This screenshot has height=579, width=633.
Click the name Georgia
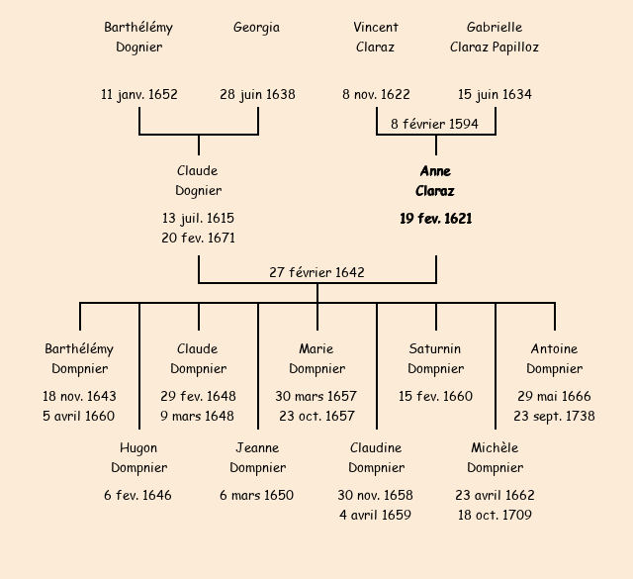coord(256,28)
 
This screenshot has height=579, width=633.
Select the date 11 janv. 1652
coord(139,95)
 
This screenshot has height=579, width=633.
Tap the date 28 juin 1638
coord(257,95)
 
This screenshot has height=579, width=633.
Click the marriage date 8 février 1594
coord(435,124)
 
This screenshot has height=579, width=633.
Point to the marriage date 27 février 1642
coord(316,272)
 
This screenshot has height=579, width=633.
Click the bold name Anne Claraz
coord(435,181)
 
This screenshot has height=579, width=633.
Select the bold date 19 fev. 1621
coord(435,219)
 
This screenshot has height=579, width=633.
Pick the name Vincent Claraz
coord(376,37)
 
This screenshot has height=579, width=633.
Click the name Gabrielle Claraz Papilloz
coord(495,37)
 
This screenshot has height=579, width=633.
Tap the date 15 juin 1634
coord(495,95)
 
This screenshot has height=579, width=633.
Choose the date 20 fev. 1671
coord(198,238)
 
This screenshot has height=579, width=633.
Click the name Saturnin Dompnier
coord(435,358)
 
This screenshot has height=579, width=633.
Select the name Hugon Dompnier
coord(138,457)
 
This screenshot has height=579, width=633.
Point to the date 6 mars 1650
coord(257,495)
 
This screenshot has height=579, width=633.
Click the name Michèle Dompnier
coord(495,457)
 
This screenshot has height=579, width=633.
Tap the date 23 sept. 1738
coord(554,416)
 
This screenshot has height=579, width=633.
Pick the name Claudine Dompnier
coord(376,457)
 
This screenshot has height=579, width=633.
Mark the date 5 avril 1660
coord(79,416)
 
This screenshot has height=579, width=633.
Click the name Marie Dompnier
coord(316,358)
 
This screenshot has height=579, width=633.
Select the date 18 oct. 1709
coord(495,515)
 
